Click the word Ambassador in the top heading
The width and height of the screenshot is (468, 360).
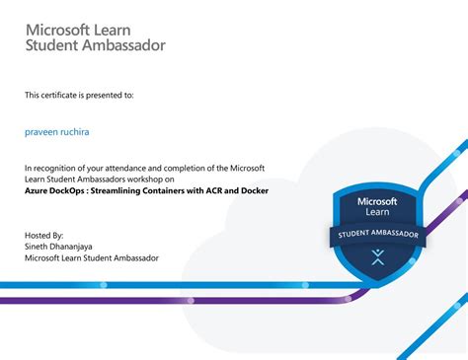coord(123,45)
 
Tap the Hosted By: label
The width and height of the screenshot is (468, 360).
coord(44,236)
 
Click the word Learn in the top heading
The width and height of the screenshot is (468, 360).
coord(123,27)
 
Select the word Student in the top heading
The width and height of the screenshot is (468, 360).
coord(51,45)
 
